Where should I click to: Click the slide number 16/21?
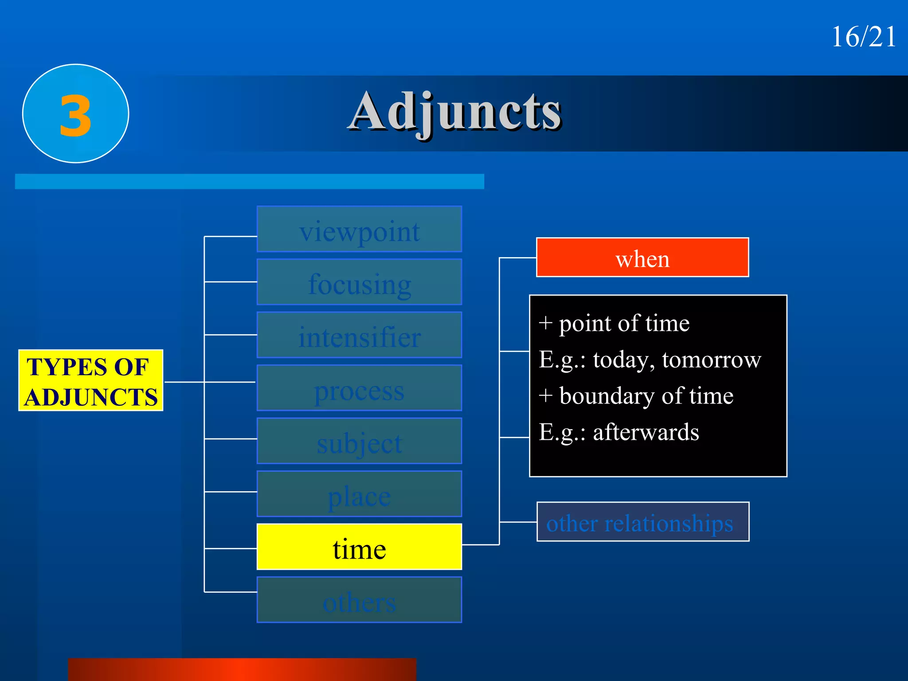863,37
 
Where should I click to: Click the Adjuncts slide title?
454,112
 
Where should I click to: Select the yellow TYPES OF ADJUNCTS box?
91,381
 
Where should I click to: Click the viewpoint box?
359,230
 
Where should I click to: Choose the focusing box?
359,282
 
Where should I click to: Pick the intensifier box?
359,335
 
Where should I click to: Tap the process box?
359,388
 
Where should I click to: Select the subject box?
359,441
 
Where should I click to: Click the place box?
359,494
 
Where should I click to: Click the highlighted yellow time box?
359,547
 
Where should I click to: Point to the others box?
359,600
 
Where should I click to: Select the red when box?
642,258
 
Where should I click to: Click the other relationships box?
642,522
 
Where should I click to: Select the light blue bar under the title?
250,181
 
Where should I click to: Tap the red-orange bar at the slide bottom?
242,669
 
